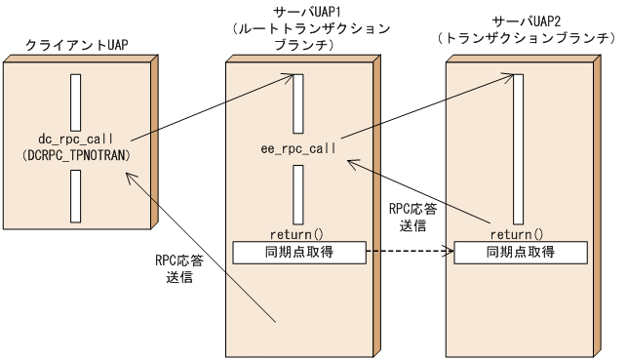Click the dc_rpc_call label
coord(75,139)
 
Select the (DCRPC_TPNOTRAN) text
coord(75,155)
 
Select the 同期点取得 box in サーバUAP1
coord(299,252)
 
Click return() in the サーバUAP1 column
coord(299,234)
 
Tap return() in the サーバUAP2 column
coord(517,234)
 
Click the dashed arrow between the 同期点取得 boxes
coord(410,252)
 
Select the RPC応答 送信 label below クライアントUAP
coord(178,269)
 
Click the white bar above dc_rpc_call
coord(75,98)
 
